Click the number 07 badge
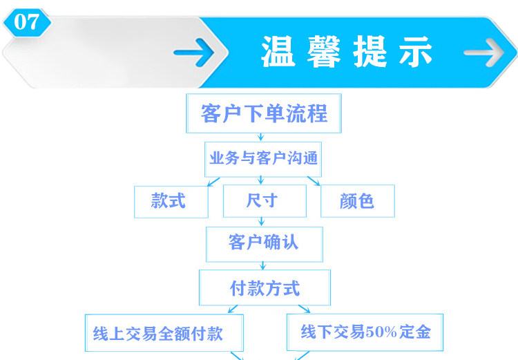(27, 21)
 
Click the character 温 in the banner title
(278, 52)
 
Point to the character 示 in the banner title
(415, 52)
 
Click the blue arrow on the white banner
(194, 53)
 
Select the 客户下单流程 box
(265, 113)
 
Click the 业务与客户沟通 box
(263, 158)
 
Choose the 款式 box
(170, 201)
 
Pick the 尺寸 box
(264, 201)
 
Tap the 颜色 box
(357, 201)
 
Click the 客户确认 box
(264, 243)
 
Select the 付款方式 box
(265, 287)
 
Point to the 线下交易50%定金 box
(365, 332)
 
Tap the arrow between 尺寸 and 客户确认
(262, 222)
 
